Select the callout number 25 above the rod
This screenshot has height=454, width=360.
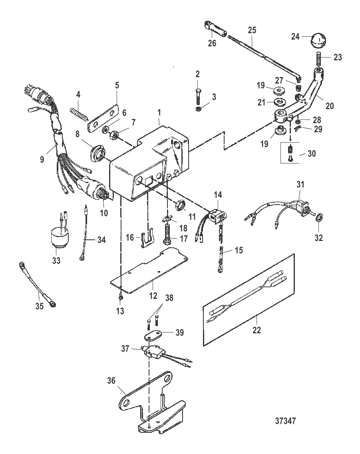coord(252,30)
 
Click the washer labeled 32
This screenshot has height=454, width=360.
coord(319,219)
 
